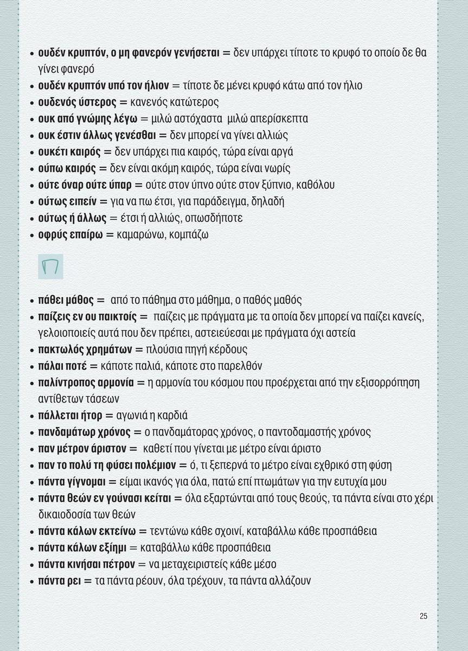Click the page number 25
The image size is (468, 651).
(x=424, y=616)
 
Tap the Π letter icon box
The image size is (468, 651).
(x=50, y=267)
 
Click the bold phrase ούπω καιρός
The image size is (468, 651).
(x=67, y=168)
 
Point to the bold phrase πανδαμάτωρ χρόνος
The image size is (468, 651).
(x=84, y=432)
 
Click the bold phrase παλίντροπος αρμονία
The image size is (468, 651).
(x=86, y=382)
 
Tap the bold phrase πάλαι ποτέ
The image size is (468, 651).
(x=62, y=366)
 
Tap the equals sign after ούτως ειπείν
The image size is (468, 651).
(x=104, y=201)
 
